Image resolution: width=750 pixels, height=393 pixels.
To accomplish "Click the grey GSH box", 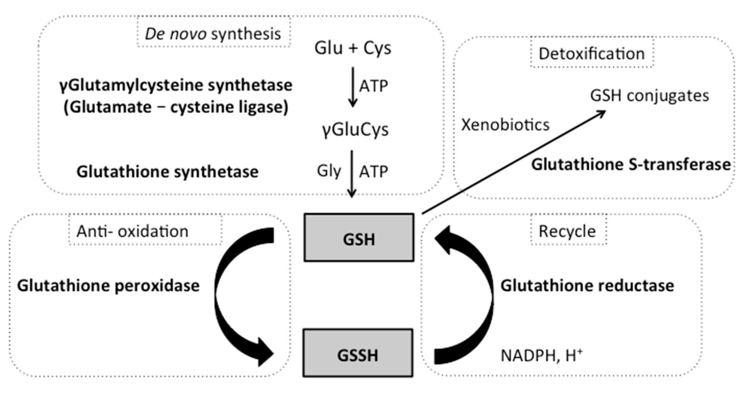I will [x=359, y=238].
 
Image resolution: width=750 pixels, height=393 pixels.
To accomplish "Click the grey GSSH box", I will [x=358, y=353].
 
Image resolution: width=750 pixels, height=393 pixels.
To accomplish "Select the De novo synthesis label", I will [x=213, y=34].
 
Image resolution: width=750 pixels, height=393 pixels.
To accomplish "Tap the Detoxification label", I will [x=592, y=54].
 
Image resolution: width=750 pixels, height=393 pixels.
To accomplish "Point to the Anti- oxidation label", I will [x=132, y=232].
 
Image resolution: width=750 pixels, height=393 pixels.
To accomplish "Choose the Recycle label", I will [x=567, y=232].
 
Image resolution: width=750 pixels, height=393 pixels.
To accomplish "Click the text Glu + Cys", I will [x=353, y=48].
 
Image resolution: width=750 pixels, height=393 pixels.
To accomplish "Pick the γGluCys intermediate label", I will [x=355, y=130].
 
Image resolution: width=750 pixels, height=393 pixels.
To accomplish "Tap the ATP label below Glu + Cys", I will [x=373, y=86].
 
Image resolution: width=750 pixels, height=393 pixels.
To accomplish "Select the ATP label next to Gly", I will [x=373, y=172].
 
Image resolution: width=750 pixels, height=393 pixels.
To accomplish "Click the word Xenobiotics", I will [x=505, y=125].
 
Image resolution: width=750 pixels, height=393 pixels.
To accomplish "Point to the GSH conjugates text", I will [x=650, y=96].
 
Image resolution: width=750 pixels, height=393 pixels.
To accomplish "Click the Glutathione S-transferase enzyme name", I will [x=631, y=165].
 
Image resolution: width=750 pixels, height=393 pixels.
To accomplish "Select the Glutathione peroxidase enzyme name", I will [x=108, y=286].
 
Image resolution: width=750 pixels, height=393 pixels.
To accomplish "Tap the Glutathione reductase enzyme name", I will [x=587, y=286].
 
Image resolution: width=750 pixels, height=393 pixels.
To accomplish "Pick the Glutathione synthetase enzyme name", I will [x=168, y=172].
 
